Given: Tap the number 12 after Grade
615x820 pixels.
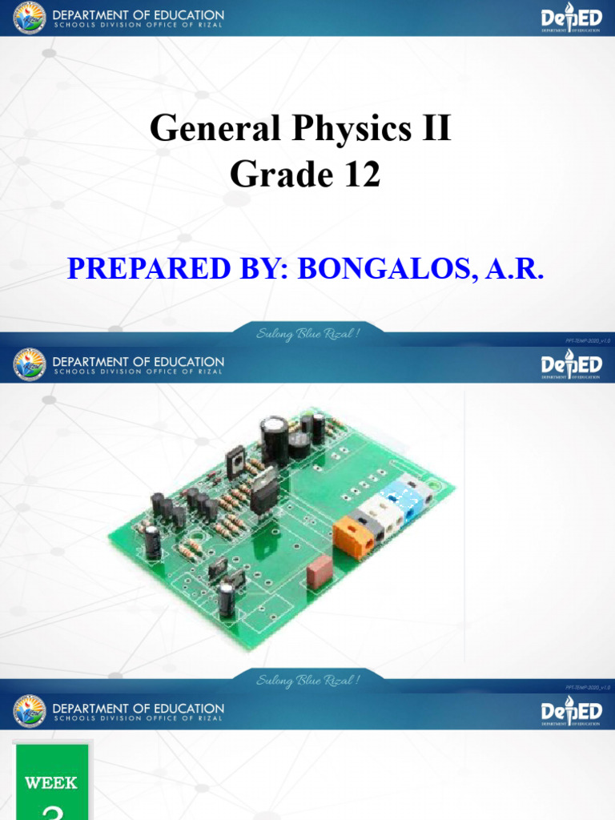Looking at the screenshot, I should [x=358, y=174].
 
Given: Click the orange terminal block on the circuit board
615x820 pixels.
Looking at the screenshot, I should [x=354, y=535].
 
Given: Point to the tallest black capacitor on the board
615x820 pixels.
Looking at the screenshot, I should [x=273, y=438].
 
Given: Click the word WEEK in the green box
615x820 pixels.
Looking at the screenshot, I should [x=51, y=782].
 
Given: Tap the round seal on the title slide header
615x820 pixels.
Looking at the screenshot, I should [x=30, y=18].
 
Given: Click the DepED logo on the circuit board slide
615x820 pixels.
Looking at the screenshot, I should [x=571, y=365].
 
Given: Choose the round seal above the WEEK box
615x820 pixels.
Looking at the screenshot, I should [x=30, y=710].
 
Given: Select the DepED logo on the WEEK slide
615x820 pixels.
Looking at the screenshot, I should [x=571, y=711].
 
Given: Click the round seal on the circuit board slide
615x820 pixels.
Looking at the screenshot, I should [x=30, y=364].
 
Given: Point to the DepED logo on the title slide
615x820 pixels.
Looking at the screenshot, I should [x=571, y=18].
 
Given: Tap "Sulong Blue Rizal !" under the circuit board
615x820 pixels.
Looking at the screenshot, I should [x=307, y=680].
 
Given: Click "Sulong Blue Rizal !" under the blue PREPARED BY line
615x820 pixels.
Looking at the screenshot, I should [x=307, y=333].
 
